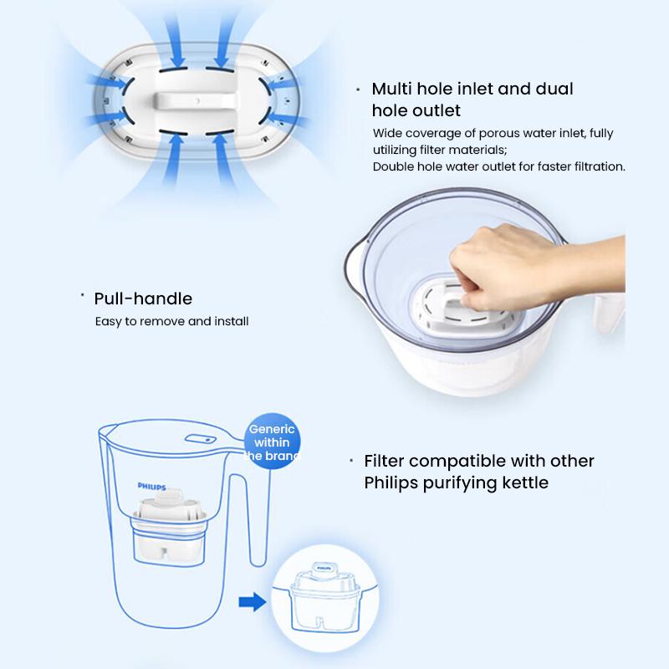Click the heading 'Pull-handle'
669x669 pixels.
(143, 299)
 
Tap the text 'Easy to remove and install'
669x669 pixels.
(171, 321)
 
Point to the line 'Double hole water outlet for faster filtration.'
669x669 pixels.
(499, 166)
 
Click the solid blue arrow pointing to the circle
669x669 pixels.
(250, 600)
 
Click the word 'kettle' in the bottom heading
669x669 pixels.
(523, 483)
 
